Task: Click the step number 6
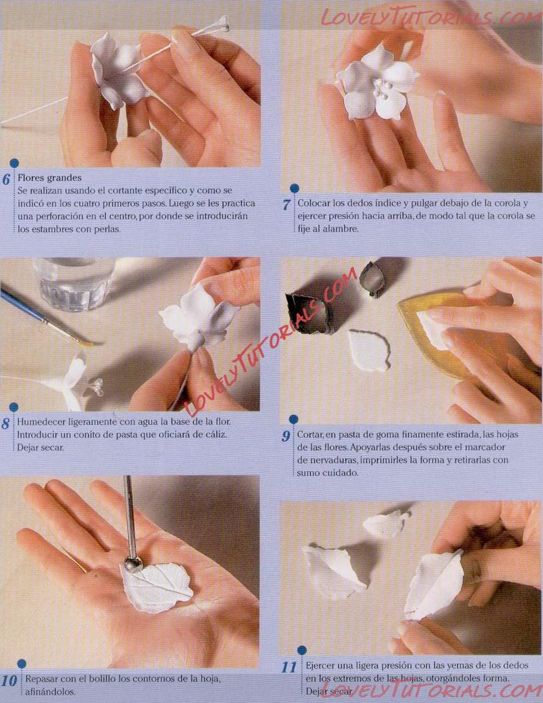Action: (6, 179)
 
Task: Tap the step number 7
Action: (286, 205)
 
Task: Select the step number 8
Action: (5, 424)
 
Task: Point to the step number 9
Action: (286, 436)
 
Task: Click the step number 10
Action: (8, 680)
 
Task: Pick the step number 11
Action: (289, 667)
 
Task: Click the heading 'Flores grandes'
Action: (50, 178)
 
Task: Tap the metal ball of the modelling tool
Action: (133, 564)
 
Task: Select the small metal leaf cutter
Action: (372, 280)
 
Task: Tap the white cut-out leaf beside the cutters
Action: (369, 351)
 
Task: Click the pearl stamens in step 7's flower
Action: (382, 89)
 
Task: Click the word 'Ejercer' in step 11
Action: (322, 665)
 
